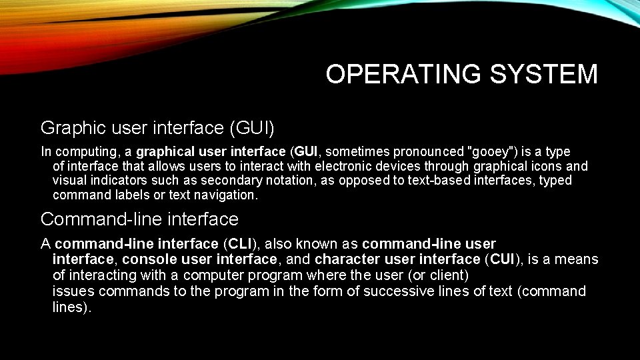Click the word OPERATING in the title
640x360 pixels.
[403, 74]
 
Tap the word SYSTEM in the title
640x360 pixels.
[544, 74]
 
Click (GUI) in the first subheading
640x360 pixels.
[252, 128]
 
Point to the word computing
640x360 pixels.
[87, 152]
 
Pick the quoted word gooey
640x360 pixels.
[491, 152]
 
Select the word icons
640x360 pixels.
[546, 167]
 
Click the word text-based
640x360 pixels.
[439, 181]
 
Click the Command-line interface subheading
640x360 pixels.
[139, 219]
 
